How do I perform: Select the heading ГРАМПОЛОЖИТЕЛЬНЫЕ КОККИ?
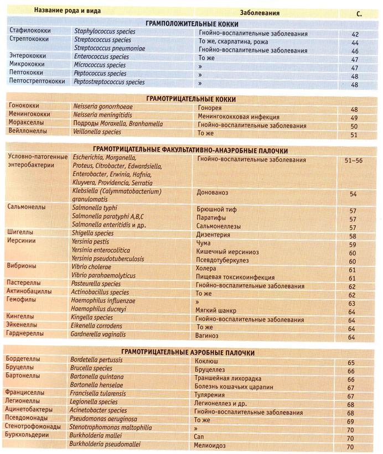[192, 24]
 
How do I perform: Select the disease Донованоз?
[215, 194]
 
